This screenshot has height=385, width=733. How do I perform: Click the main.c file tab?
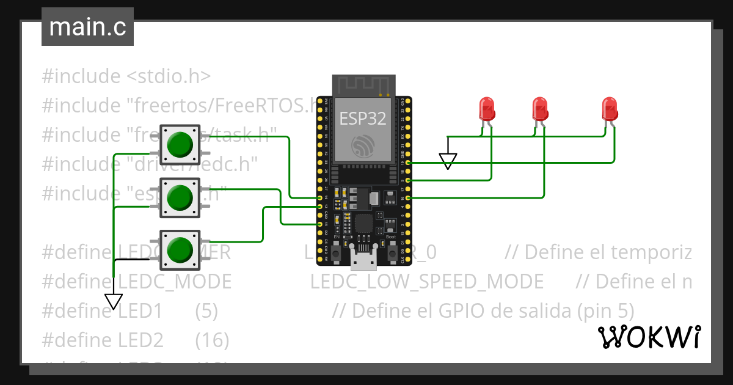pos(87,28)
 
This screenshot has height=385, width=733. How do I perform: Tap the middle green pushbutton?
pos(180,197)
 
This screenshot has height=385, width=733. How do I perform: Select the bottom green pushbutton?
pos(180,249)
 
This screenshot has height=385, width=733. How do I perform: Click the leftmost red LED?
pos(487,109)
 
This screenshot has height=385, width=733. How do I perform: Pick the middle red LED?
pos(540,109)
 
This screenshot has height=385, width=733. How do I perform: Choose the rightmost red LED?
pos(610,109)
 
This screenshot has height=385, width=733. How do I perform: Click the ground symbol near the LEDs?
pos(448,161)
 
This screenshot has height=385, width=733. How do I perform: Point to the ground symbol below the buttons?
pos(114,301)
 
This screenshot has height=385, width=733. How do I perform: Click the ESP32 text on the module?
pos(363,118)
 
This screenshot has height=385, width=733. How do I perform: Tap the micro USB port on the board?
pos(364,261)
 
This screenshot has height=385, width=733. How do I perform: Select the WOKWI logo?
pos(649,337)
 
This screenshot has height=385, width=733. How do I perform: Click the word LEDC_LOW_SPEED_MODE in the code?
pos(427,282)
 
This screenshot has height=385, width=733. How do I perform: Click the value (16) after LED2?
pos(212,340)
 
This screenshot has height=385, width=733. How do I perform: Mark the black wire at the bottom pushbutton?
pos(136,260)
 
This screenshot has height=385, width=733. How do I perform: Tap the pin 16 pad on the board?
pos(407,198)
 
